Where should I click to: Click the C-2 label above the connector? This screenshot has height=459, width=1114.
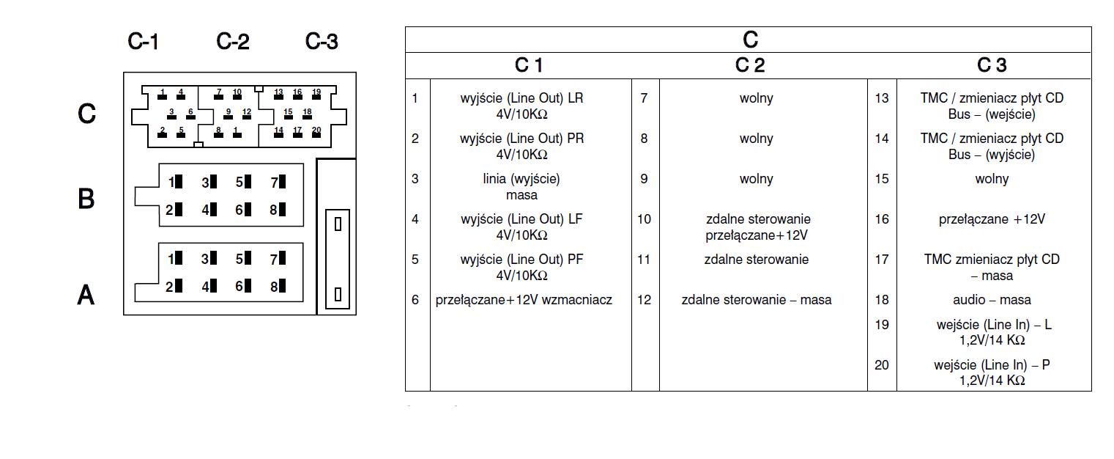click(x=233, y=42)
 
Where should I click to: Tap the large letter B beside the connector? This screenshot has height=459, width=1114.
click(x=86, y=199)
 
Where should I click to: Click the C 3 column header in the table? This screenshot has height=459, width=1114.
click(x=992, y=66)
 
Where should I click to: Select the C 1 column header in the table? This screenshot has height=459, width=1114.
click(x=529, y=66)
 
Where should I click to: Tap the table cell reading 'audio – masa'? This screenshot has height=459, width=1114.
click(x=992, y=300)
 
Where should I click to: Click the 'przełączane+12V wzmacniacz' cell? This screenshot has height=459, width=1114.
click(x=524, y=300)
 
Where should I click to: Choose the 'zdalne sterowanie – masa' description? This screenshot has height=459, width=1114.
click(x=756, y=300)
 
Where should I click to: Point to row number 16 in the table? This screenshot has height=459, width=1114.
click(x=882, y=219)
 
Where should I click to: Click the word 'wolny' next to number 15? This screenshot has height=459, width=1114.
click(x=992, y=179)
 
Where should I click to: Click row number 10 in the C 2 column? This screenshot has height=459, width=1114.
click(x=644, y=219)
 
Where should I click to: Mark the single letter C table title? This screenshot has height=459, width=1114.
click(x=749, y=40)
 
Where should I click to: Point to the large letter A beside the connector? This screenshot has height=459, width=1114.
click(x=86, y=295)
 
